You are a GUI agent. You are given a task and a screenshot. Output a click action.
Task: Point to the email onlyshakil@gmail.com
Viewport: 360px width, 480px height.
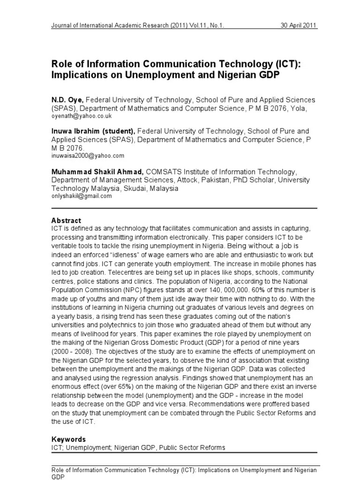pyautogui.click(x=82, y=196)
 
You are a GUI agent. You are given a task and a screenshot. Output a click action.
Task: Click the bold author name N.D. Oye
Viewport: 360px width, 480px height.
pyautogui.click(x=67, y=100)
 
